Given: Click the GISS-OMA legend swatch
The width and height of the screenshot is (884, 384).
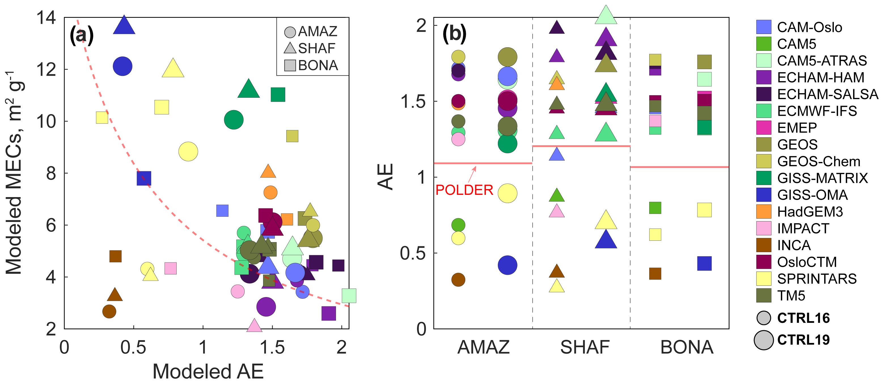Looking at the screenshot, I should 764,195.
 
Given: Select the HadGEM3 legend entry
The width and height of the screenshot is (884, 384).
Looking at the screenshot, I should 810,212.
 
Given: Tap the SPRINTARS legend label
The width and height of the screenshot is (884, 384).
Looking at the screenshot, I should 817,279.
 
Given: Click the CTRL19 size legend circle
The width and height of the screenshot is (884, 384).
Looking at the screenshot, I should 764,340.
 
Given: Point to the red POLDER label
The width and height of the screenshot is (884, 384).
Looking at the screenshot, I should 464,190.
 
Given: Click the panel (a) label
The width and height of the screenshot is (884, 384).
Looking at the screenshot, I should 81,35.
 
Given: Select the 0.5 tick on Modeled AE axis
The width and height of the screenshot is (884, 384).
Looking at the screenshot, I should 133,347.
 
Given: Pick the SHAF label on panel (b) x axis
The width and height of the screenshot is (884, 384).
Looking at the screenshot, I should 585,347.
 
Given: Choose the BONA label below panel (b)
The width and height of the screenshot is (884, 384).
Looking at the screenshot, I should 687,347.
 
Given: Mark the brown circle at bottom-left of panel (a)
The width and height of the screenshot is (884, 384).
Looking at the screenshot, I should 109,311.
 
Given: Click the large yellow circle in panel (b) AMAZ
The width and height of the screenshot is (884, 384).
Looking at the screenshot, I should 507,193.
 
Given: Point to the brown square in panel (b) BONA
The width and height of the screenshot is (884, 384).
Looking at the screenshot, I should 655,274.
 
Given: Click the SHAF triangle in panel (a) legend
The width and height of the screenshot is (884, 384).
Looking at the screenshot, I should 290,48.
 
